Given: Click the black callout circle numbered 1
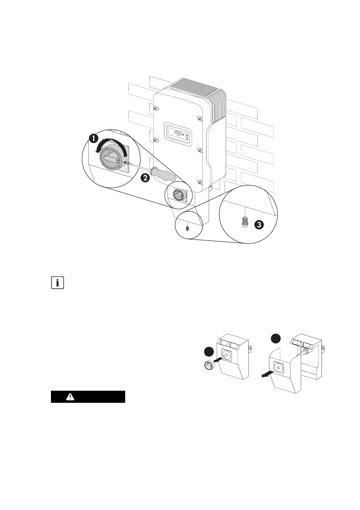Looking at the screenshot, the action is (94, 139).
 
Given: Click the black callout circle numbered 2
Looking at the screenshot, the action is (145, 177).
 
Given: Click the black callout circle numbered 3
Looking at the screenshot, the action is (259, 225).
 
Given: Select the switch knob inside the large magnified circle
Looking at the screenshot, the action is (111, 157).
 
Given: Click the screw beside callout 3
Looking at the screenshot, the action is (245, 222).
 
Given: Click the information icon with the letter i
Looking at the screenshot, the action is (58, 283).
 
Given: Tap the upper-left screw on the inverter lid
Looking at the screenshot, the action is (155, 108).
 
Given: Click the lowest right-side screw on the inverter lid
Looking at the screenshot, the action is (200, 182).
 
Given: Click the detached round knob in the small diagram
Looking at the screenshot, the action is (209, 365).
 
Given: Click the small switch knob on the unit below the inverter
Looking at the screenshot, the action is (178, 195).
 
